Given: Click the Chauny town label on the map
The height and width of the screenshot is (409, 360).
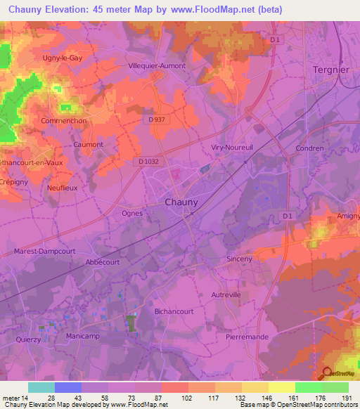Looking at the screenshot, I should (181, 202).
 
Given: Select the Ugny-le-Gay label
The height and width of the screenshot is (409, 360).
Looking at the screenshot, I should (63, 58).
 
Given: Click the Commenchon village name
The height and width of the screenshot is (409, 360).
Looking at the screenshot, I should (64, 120).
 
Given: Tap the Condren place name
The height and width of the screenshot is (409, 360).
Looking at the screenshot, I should (310, 148).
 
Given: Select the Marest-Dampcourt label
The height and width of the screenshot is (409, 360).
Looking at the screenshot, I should (44, 251).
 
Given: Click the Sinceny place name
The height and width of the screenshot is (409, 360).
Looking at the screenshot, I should (239, 259).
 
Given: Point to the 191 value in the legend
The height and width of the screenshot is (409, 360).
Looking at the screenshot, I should (345, 397).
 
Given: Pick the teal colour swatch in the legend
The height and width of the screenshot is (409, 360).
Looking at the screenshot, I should (41, 387).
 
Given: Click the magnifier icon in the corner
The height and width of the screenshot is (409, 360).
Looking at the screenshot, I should (327, 373).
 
